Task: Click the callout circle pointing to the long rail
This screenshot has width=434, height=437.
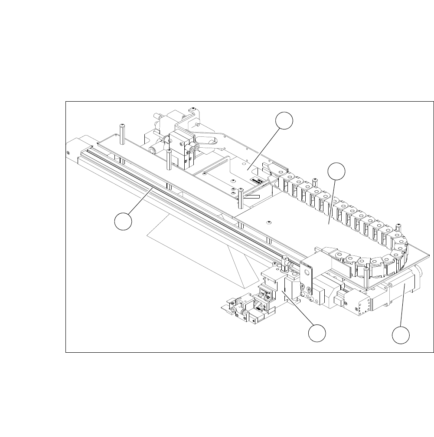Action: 123,222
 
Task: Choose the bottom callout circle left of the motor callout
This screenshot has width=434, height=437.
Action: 317,334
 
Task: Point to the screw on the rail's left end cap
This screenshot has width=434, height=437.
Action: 69,152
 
